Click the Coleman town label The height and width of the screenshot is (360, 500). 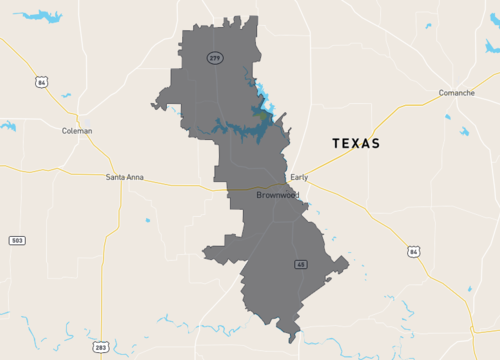click(77, 131)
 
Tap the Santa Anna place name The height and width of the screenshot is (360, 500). click(125, 177)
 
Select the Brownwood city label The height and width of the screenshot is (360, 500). click(277, 195)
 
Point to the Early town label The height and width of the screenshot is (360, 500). click(299, 177)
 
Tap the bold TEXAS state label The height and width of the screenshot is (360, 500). click(356, 144)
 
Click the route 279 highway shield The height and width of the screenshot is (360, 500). click(215, 58)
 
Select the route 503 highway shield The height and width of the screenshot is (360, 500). click(17, 241)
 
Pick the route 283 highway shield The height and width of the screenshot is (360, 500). click(102, 347)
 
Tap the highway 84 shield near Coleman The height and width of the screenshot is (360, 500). click(40, 82)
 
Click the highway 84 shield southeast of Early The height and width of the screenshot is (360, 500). click(413, 251)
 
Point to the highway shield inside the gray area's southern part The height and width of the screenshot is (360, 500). click(300, 264)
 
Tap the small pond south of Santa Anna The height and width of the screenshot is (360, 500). click(147, 220)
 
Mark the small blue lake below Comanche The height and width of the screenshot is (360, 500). click(464, 131)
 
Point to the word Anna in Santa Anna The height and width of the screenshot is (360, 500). click(134, 177)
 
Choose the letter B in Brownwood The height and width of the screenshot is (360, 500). click(259, 195)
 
